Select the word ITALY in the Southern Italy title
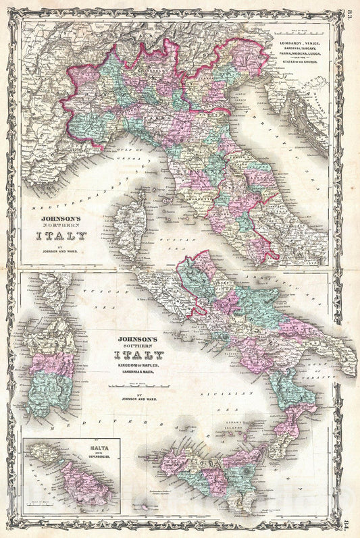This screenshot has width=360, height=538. pyautogui.click(x=138, y=355)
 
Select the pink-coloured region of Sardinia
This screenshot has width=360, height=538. pyautogui.click(x=51, y=364)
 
